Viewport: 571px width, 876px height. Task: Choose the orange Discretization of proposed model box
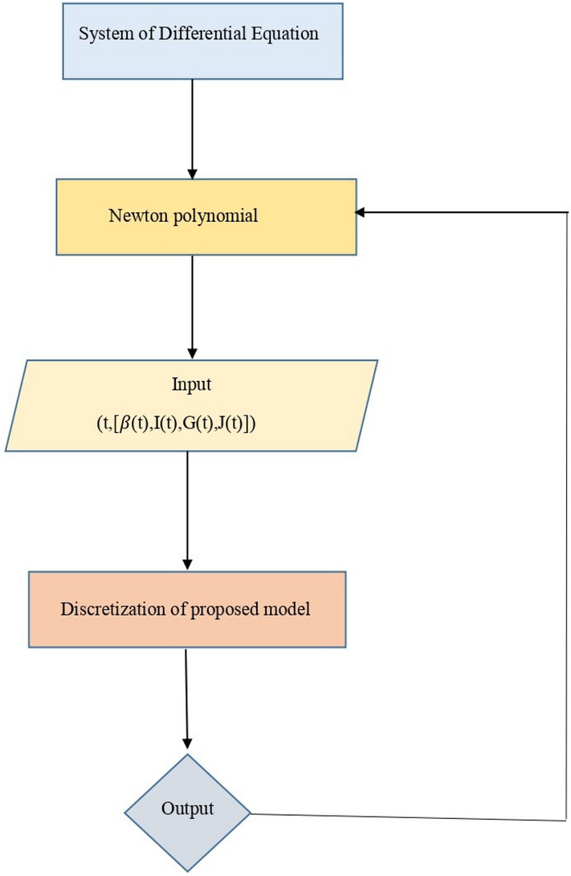186,608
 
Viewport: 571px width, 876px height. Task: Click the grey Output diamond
187,813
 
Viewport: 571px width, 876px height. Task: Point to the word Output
188,808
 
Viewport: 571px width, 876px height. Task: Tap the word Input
191,384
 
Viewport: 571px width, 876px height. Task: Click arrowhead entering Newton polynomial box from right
360,212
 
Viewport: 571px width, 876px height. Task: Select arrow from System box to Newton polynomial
191,129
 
